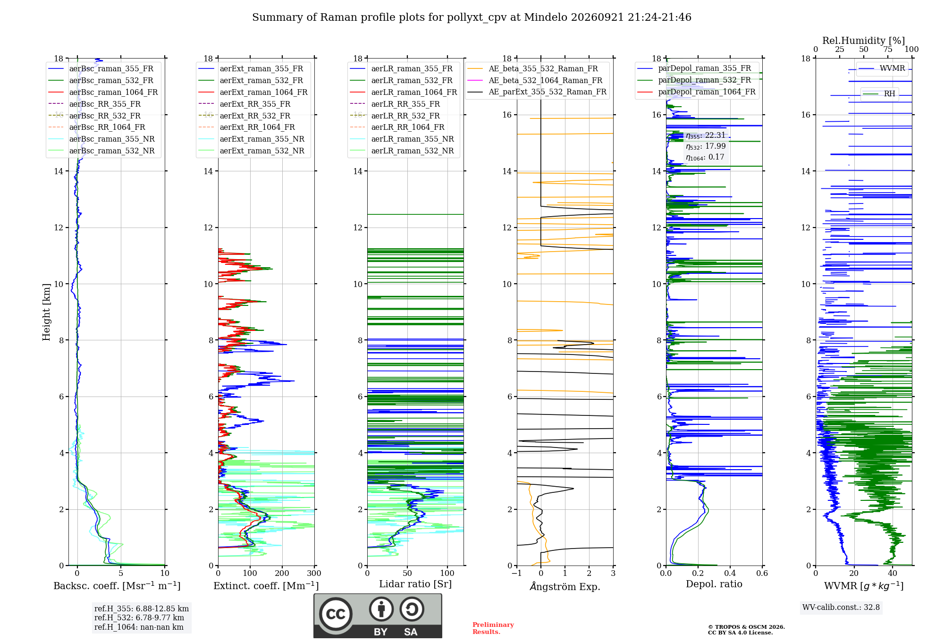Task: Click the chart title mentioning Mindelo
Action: pyautogui.click(x=472, y=17)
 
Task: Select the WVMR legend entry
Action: pyautogui.click(x=882, y=68)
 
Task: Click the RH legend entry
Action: pyautogui.click(x=879, y=94)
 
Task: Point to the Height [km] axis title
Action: pyautogui.click(x=46, y=312)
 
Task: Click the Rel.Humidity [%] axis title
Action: pyautogui.click(x=864, y=41)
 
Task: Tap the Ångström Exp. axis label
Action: pyautogui.click(x=565, y=586)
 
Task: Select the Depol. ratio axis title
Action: pyautogui.click(x=714, y=584)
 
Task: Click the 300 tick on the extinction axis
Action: pyautogui.click(x=314, y=574)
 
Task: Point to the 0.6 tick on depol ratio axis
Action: pyautogui.click(x=762, y=574)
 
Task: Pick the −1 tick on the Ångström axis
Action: pyautogui.click(x=516, y=574)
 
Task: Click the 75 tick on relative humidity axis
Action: pyautogui.click(x=888, y=49)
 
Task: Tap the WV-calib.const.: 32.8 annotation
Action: pyautogui.click(x=841, y=608)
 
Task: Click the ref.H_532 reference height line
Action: pyautogui.click(x=139, y=617)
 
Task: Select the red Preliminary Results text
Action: pyautogui.click(x=493, y=628)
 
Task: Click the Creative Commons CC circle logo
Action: pyautogui.click(x=336, y=614)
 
